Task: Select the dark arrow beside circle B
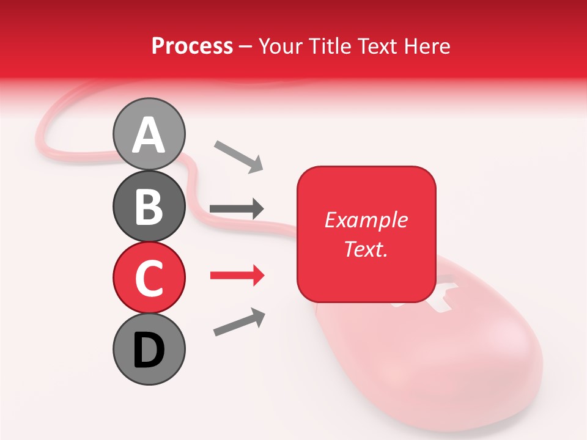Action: pyautogui.click(x=237, y=208)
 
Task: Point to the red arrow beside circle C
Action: pyautogui.click(x=237, y=276)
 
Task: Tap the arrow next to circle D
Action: pyautogui.click(x=239, y=322)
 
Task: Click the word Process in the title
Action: pyautogui.click(x=192, y=46)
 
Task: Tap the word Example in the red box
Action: pyautogui.click(x=366, y=220)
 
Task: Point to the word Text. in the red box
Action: pyautogui.click(x=366, y=249)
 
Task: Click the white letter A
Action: pyautogui.click(x=149, y=135)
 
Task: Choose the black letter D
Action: pyautogui.click(x=149, y=351)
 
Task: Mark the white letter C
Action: pyautogui.click(x=149, y=278)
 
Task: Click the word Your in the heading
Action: pyautogui.click(x=282, y=46)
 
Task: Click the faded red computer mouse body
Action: pyautogui.click(x=440, y=367)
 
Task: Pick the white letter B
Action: pyautogui.click(x=149, y=207)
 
